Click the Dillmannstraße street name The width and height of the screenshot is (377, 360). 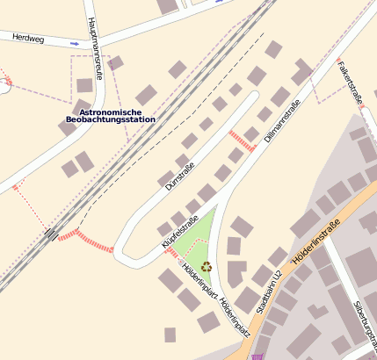click(281, 123)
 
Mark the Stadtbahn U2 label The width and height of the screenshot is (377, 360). click(266, 292)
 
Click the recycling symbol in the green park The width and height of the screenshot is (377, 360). click(207, 266)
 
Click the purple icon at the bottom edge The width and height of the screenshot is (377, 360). click(257, 356)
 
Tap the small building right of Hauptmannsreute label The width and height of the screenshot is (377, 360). click(115, 62)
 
